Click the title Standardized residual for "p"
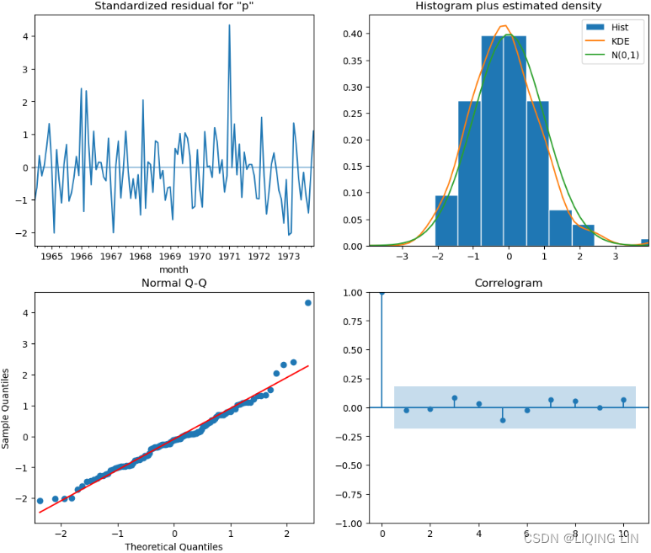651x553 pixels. click(174, 7)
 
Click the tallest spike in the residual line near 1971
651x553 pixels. click(229, 26)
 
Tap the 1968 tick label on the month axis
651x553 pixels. click(140, 256)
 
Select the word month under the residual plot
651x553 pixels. click(173, 269)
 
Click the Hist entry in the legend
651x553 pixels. click(621, 26)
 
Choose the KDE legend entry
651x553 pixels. click(621, 41)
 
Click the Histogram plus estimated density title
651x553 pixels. click(508, 7)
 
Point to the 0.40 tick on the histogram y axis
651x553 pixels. click(355, 34)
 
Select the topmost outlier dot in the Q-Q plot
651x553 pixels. click(308, 303)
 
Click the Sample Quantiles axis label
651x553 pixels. click(7, 407)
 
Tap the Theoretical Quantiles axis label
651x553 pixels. click(174, 546)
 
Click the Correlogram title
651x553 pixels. click(508, 284)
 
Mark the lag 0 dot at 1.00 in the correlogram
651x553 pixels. click(382, 293)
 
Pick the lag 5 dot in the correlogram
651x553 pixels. click(503, 420)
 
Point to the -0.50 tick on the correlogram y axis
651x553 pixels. click(352, 465)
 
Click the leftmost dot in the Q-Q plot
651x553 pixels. click(40, 501)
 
